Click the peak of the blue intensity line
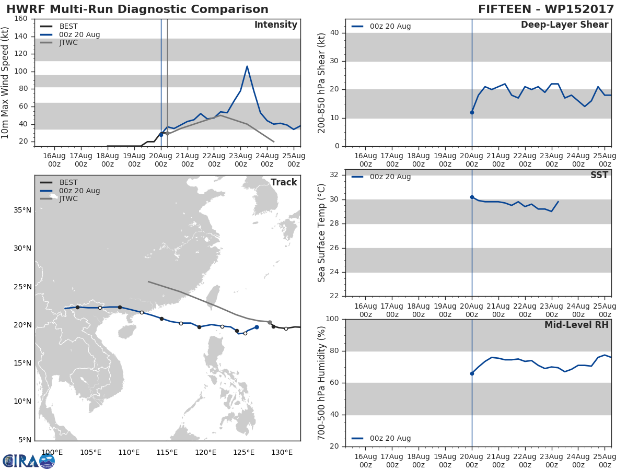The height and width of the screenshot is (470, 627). tap(247, 66)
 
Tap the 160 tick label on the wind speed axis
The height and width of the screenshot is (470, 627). tap(21, 19)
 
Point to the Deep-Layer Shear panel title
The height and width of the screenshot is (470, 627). tap(564, 25)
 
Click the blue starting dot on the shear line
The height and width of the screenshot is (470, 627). tap(472, 112)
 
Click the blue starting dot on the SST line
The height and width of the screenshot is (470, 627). tap(472, 197)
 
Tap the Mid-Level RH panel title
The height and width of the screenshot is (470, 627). tap(576, 325)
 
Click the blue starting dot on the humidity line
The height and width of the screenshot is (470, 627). tap(472, 373)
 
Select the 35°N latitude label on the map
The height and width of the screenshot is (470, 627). tap(22, 210)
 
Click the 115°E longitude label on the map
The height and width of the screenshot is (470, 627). tap(167, 453)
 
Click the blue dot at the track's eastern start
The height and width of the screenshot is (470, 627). tap(257, 327)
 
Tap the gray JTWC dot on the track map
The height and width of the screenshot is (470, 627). tap(270, 322)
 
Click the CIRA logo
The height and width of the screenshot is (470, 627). tap(29, 461)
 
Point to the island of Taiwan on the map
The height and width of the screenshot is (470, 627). tap(213, 297)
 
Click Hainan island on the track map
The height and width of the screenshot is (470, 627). tap(126, 332)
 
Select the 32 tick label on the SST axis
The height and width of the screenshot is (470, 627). tap(334, 174)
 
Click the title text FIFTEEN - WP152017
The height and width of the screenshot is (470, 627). tap(546, 9)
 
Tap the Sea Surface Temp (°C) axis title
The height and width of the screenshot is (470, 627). tap(321, 233)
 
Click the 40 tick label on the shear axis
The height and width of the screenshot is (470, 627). tap(334, 33)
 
